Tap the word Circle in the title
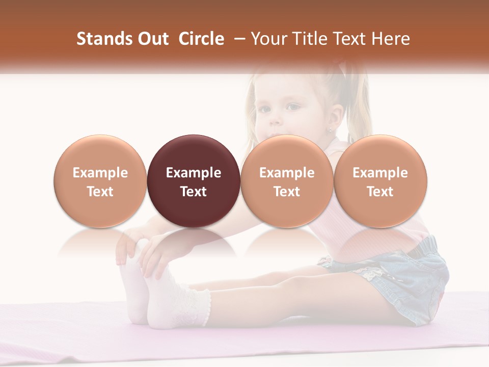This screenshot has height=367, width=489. pyautogui.click(x=201, y=39)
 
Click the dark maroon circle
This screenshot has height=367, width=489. pyautogui.click(x=193, y=181)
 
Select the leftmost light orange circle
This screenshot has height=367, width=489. pyautogui.click(x=100, y=181)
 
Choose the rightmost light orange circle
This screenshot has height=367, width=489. pyautogui.click(x=380, y=181)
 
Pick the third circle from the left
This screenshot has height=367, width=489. pyautogui.click(x=287, y=181)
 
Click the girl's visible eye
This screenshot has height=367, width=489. pyautogui.click(x=292, y=107)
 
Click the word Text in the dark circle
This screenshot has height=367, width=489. pyautogui.click(x=194, y=192)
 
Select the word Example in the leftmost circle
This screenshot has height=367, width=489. pyautogui.click(x=100, y=173)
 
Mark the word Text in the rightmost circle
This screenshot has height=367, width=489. pyautogui.click(x=380, y=192)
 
